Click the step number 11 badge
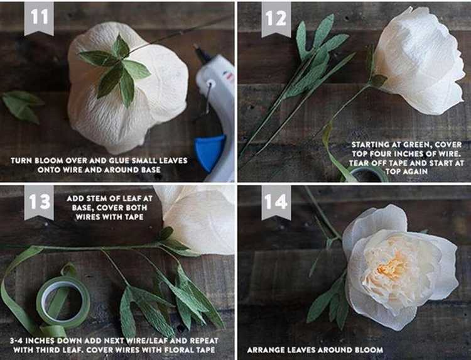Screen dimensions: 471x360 pyautogui.click(x=39, y=18)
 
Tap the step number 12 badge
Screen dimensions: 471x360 pyautogui.click(x=276, y=19)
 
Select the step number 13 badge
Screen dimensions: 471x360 pyautogui.click(x=39, y=202)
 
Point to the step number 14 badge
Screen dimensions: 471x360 pyautogui.click(x=276, y=202)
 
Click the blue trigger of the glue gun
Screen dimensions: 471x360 pyautogui.click(x=210, y=153)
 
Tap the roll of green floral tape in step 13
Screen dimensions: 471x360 pyautogui.click(x=63, y=302)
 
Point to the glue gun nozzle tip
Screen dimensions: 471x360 pyautogui.click(x=196, y=46)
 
